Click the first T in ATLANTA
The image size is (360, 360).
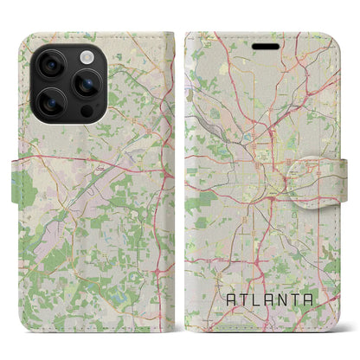point(244,299)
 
